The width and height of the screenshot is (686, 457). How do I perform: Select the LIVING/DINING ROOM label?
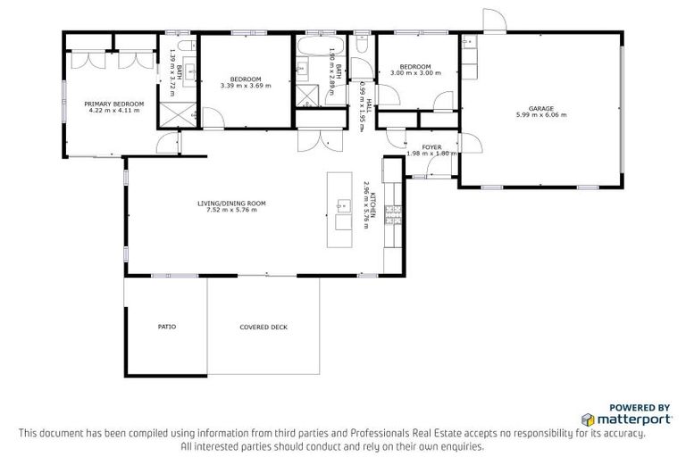(231, 203)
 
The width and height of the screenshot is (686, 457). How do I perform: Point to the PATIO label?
(166, 327)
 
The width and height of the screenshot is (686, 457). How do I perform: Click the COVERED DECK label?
(264, 327)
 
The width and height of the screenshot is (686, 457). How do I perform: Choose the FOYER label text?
(431, 145)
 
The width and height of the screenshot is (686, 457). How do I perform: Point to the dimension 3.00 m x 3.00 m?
(415, 74)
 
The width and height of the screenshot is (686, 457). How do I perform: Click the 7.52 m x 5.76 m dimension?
(231, 210)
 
